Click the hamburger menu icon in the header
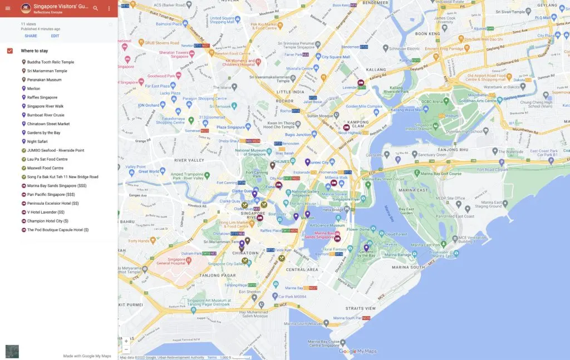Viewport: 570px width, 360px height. [8, 8]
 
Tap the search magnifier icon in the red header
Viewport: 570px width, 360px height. [96, 8]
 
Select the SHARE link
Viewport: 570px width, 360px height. [31, 36]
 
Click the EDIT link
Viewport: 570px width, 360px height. [55, 36]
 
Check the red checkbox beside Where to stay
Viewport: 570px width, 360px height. [10, 51]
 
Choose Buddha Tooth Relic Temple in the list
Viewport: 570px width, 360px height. [51, 62]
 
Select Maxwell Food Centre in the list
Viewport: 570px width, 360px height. [45, 168]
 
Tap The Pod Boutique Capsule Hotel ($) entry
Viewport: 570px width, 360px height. [58, 230]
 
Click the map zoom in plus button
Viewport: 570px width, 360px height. [126, 341]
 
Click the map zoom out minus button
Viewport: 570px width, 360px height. [126, 349]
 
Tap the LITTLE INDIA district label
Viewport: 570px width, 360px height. [291, 92]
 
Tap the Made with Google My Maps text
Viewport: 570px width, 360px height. [87, 356]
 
